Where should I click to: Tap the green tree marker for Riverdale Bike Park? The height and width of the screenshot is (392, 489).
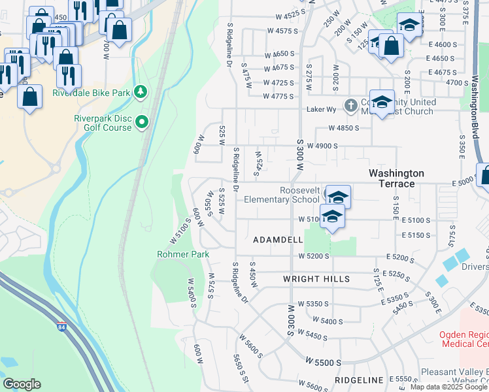(x=140, y=92)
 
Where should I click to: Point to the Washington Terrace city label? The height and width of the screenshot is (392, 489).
(x=396, y=178)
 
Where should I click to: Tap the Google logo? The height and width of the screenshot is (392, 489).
(x=22, y=384)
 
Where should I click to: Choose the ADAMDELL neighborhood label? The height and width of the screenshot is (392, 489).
(x=278, y=240)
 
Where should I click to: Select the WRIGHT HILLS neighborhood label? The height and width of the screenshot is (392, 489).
(x=316, y=279)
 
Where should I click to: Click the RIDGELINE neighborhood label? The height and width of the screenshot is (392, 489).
(x=359, y=380)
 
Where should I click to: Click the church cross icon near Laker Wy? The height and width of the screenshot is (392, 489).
(x=351, y=105)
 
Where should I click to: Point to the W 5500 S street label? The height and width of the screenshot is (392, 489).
(x=323, y=361)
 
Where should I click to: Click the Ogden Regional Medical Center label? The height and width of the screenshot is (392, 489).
(x=464, y=339)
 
